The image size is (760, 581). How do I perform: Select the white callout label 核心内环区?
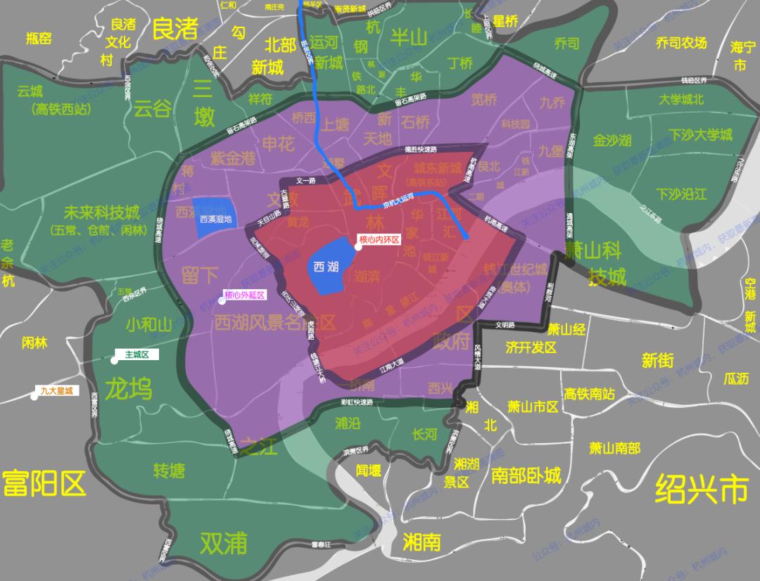click(379, 240)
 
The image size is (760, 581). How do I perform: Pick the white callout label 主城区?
click(137, 355)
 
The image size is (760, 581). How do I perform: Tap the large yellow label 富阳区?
click(44, 483)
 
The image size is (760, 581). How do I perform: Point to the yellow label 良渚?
click(175, 29)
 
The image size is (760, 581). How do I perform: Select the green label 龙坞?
click(128, 388)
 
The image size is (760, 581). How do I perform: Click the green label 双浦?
click(224, 542)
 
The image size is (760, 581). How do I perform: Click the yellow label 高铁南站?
click(590, 393)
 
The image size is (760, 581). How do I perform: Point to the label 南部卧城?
click(526, 475)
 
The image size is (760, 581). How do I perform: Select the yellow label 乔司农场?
click(680, 43)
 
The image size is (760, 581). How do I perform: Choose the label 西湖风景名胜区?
click(274, 323)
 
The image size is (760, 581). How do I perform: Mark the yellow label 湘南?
click(422, 542)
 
